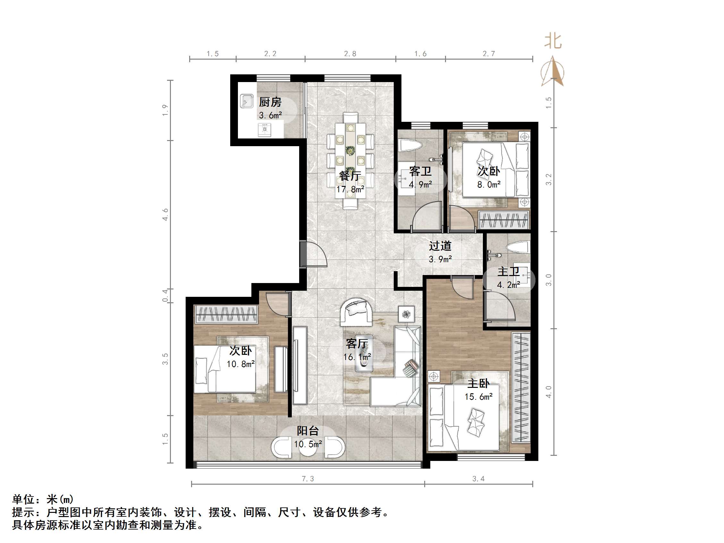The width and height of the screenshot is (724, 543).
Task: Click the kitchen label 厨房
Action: pos(270,103)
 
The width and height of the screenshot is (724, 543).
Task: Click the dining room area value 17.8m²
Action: pos(350,189)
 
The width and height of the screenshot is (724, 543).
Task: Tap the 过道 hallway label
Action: pos(440,246)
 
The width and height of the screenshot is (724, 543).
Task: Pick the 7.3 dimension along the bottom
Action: pos(308,479)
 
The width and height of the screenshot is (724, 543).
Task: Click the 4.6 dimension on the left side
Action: pos(165,214)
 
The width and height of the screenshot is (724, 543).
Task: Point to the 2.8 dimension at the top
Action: pos(350,54)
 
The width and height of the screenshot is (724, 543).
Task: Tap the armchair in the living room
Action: pos(356,312)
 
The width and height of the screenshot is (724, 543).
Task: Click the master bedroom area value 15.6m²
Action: pos(478,397)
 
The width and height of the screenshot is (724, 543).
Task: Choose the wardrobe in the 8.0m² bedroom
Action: pos(504,220)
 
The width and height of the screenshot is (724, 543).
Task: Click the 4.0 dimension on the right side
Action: pos(549,392)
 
